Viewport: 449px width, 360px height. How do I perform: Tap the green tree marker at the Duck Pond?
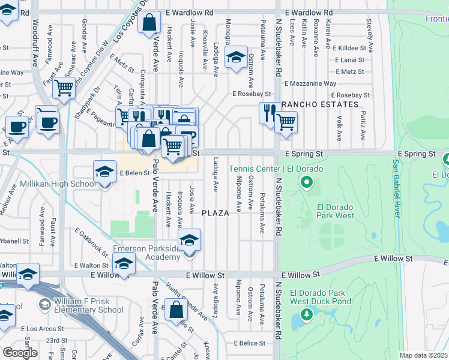(307, 314)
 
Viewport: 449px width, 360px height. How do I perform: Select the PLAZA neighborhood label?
(215, 213)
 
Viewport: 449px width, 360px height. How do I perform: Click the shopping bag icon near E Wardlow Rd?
(148, 23)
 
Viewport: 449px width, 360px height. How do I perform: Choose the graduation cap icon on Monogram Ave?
(237, 58)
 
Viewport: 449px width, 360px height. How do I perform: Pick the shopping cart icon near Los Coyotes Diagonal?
(63, 88)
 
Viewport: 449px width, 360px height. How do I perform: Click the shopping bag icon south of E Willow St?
(176, 310)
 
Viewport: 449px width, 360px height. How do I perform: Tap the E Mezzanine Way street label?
(310, 83)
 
